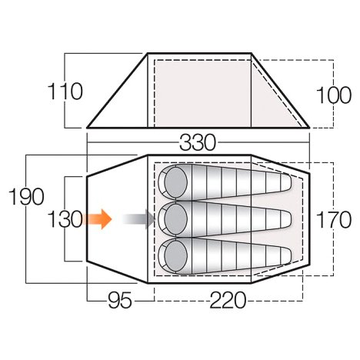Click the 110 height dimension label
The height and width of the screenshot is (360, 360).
65,92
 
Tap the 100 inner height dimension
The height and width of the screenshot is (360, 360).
334,95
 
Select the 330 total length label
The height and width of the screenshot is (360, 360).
198,142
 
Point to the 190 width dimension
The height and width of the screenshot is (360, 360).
26,196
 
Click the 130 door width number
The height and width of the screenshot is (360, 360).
65,219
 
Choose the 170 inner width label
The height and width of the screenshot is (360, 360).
334,219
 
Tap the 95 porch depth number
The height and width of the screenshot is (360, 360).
120,300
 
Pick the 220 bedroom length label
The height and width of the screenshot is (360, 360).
228,300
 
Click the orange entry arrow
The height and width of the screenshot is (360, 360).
98,219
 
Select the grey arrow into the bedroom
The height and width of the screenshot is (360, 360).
138,219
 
